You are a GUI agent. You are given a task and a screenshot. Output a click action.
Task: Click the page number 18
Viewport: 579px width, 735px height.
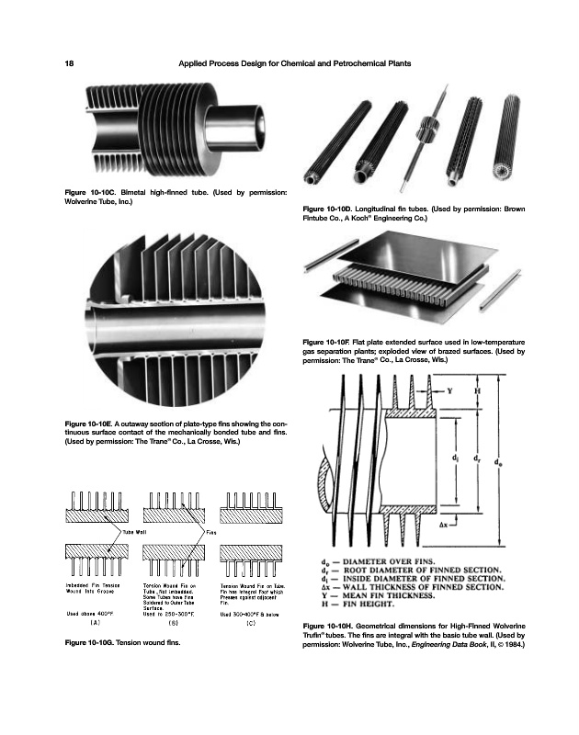(x=69, y=62)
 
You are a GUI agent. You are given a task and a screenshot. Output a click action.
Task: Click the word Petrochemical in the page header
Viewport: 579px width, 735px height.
(x=362, y=62)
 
